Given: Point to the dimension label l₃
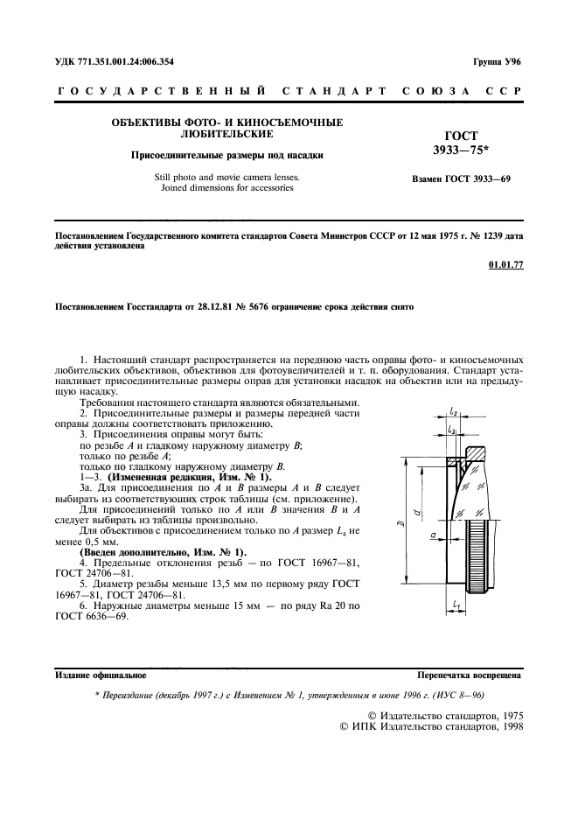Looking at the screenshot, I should [451, 430].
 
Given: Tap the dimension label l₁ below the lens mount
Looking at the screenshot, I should [458, 605].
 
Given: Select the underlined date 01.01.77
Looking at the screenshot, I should [506, 266].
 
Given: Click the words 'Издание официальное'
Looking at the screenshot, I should [101, 675].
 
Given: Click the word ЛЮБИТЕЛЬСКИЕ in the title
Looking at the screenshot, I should [226, 134].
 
